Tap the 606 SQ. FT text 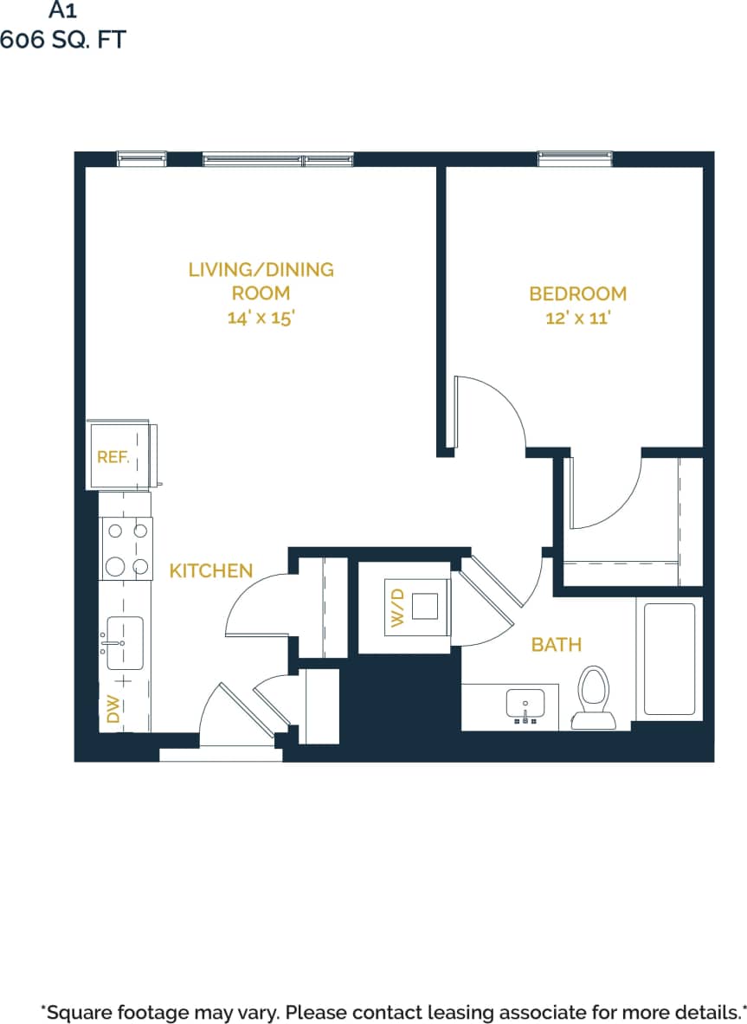[x=62, y=39]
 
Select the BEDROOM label [x=577, y=293]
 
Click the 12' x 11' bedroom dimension [x=577, y=318]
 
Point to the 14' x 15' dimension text [x=261, y=318]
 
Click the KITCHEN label [x=210, y=570]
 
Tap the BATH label [x=556, y=644]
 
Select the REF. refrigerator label [x=113, y=457]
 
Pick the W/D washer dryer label [x=397, y=607]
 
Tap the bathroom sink [x=525, y=705]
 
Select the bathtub [x=669, y=659]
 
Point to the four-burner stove [x=126, y=548]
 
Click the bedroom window [x=575, y=158]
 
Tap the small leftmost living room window [x=141, y=158]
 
